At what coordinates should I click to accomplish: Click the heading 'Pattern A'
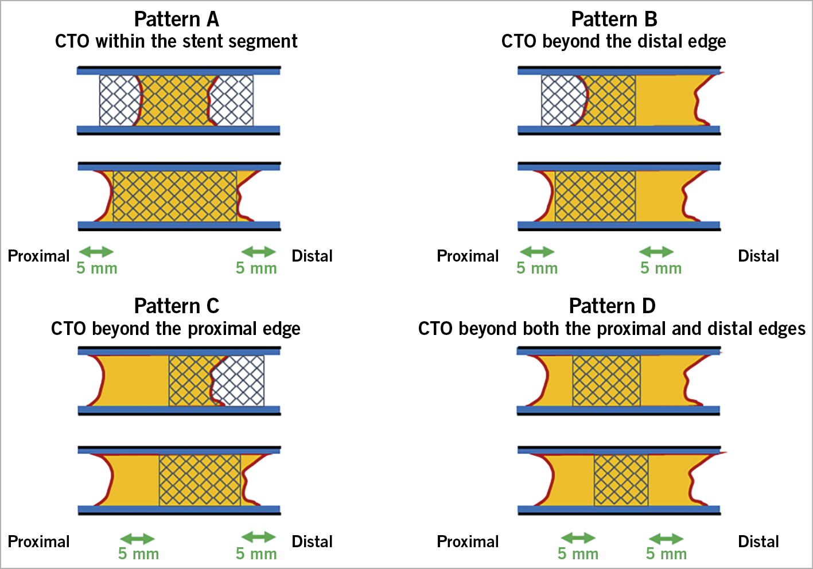177,20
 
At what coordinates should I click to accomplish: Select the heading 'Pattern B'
614,20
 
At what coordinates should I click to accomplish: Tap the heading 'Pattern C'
177,306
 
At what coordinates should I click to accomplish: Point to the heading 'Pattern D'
612,306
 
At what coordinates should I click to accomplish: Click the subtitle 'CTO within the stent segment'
176,42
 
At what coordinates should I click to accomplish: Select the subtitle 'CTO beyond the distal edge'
613,42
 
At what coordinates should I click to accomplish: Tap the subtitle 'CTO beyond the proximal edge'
176,329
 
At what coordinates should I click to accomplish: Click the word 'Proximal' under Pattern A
38,256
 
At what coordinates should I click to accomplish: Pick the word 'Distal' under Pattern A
312,256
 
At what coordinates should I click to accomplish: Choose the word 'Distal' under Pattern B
758,256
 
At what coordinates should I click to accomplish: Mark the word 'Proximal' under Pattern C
38,541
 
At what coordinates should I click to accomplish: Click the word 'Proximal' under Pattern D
468,541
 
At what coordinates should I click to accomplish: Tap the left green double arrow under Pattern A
96,251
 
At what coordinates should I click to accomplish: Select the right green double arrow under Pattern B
656,251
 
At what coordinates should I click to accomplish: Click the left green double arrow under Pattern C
137,539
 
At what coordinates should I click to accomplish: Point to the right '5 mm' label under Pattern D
666,554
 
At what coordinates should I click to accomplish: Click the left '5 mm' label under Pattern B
537,268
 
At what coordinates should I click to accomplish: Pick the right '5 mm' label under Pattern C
256,554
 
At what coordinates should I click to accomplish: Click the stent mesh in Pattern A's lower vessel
174,196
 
